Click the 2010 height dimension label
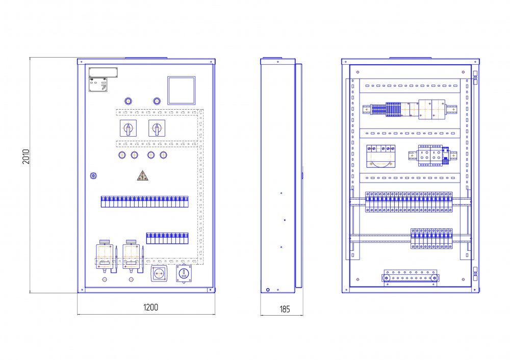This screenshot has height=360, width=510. pos(26,157)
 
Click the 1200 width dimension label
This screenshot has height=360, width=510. pos(150,307)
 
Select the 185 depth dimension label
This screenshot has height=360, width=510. pos(285,310)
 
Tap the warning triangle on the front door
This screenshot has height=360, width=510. pos(142,175)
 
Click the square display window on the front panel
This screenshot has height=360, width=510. pos(182,90)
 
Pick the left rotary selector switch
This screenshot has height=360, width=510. pos(128,128)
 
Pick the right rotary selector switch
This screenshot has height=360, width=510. pos(157,128)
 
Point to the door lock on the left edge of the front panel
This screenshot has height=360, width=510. pos(93,176)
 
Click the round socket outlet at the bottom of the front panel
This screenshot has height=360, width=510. pos(159,274)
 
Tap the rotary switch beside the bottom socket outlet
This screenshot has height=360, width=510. pos(184,274)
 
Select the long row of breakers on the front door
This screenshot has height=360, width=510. pos(145,201)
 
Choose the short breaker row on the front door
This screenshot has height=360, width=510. pos(167,238)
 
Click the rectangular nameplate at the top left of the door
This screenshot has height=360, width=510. pos(103,72)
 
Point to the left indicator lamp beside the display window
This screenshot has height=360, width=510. pos(128,101)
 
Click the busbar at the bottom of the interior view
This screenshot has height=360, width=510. pos(410,278)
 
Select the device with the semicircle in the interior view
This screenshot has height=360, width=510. pos(381,157)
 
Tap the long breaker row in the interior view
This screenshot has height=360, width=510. pos(409,202)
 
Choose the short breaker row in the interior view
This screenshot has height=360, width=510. pos(431,239)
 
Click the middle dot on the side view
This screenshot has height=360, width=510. pos(285,220)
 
